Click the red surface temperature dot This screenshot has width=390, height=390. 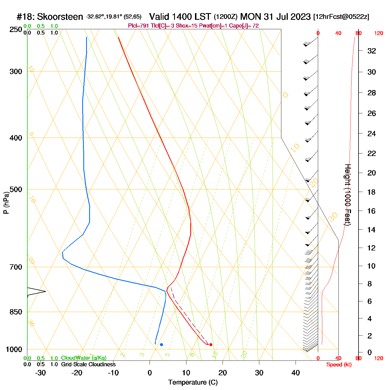tap(211, 345)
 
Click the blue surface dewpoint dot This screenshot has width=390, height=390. tap(162, 345)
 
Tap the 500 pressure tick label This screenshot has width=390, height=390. tap(16, 189)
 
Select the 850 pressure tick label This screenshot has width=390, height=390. tap(16, 312)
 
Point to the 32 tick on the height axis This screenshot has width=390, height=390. tap(372, 51)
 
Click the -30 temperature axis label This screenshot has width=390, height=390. tap(40, 373)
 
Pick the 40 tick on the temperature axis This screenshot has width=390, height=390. tap(296, 373)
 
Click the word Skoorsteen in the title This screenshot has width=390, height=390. tap(60, 17)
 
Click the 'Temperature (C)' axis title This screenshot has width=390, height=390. tap(193, 382)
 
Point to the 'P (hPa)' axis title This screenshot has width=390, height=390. tap(6, 203)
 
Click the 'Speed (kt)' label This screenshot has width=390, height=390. tap(339, 365)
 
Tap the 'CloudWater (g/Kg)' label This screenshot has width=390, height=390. tap(84, 358)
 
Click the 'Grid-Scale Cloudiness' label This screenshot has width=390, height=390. tap(88, 364)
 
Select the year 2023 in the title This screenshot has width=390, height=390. tap(300, 17)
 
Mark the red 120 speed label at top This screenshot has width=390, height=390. tap(379, 33)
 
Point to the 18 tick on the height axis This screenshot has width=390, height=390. tap(372, 192)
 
